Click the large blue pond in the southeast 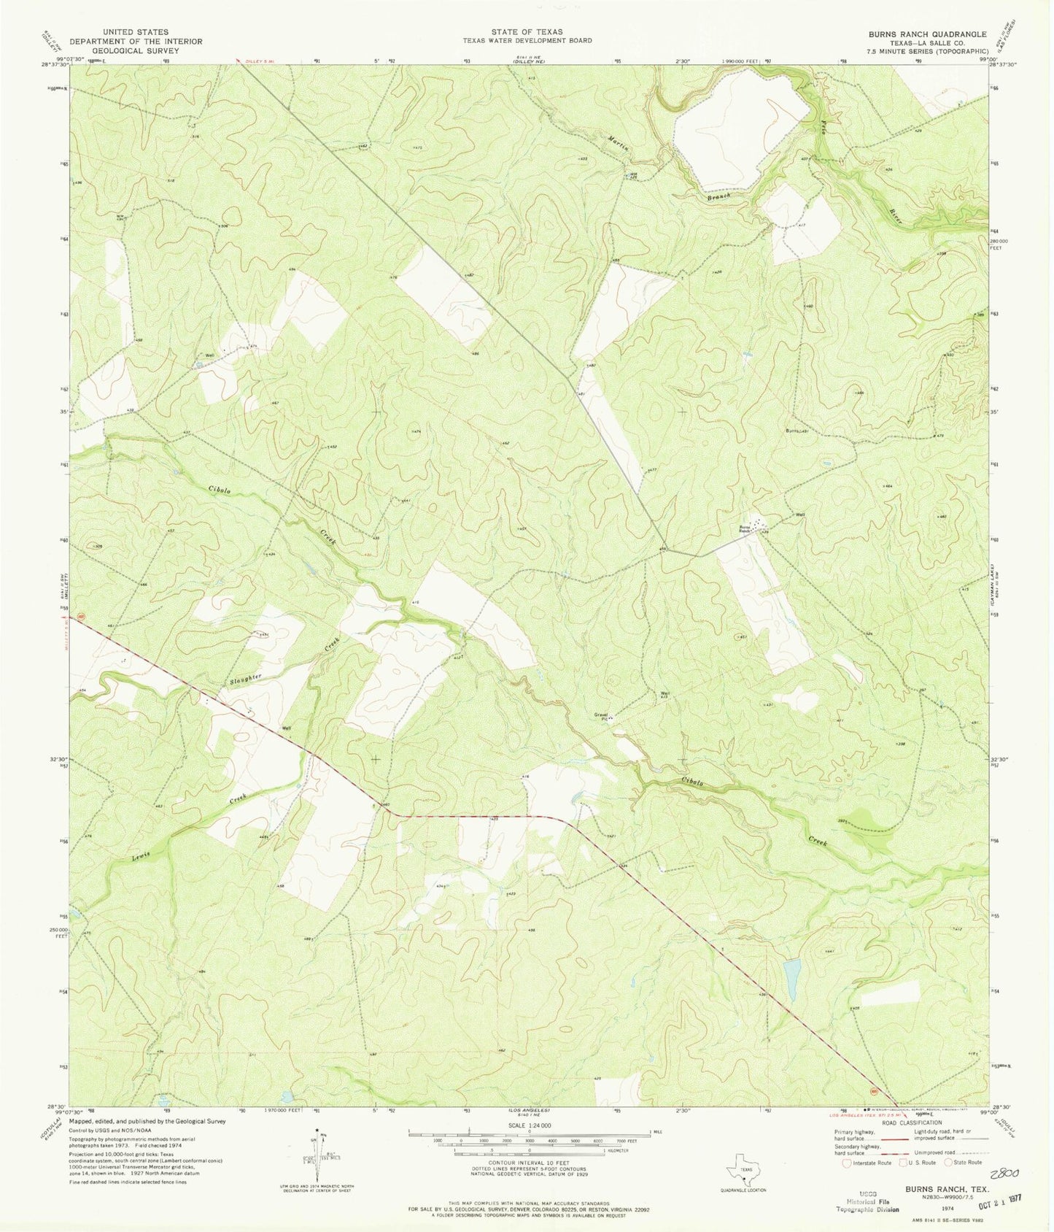[790, 979]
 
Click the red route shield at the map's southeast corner [874, 1092]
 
